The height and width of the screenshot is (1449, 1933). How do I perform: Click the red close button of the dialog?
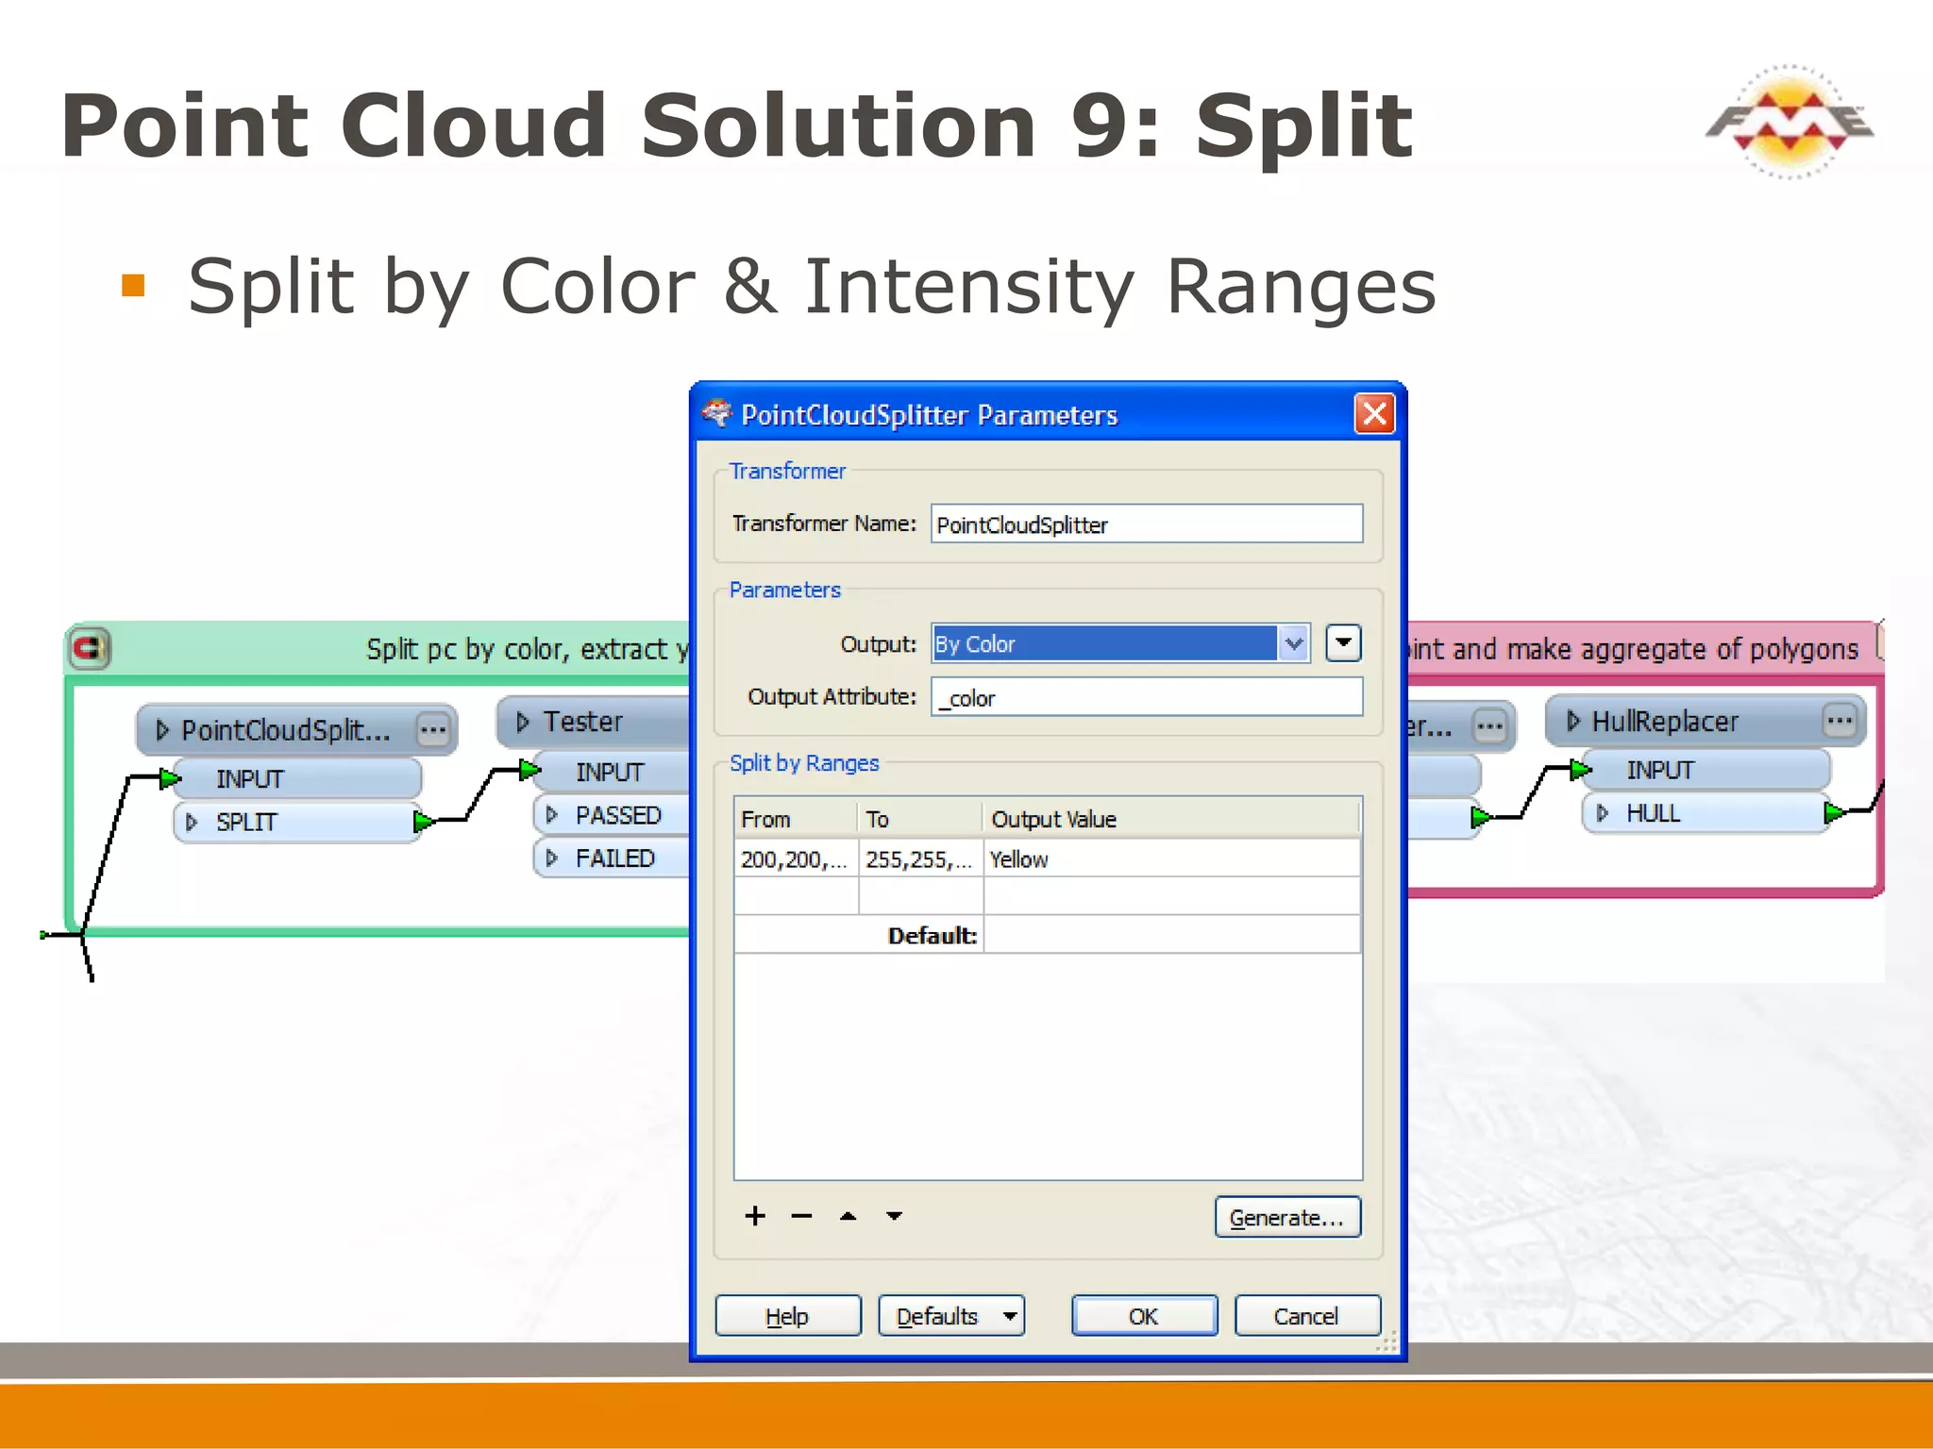tap(1374, 414)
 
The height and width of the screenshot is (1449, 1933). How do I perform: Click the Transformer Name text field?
tap(1146, 525)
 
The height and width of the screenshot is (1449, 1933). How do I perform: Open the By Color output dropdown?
tap(1294, 644)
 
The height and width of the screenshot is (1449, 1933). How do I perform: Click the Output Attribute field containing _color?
tap(1146, 698)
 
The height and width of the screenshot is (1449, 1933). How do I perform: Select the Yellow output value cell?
tap(1170, 859)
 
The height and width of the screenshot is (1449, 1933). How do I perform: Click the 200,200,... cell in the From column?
tap(795, 859)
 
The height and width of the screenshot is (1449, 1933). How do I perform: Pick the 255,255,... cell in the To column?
tap(919, 859)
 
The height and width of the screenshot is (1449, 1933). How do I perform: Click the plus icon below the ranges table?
tap(754, 1216)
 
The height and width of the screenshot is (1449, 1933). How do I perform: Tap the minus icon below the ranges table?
tap(801, 1216)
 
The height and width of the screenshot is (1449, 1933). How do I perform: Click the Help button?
tap(787, 1316)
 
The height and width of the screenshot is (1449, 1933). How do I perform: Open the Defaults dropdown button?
tap(951, 1316)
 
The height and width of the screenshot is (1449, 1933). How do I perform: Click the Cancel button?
tap(1306, 1316)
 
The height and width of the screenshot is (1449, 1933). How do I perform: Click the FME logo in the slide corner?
tap(1789, 123)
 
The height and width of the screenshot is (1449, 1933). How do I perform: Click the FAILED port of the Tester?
tap(614, 858)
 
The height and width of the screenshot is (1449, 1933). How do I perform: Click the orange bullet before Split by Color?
tap(133, 285)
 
